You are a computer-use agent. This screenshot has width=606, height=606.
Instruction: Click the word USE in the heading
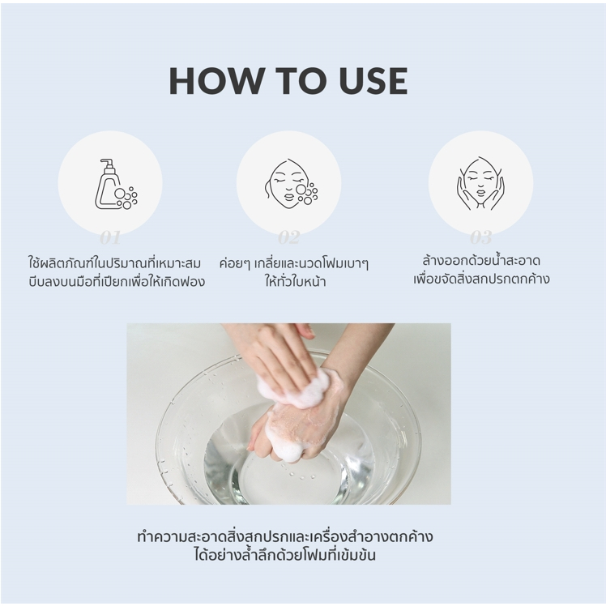[x=373, y=81]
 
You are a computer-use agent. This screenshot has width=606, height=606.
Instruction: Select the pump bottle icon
[x=117, y=184]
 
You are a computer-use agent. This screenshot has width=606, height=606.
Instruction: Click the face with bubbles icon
[x=291, y=184]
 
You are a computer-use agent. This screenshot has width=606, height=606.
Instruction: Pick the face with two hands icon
[x=480, y=183]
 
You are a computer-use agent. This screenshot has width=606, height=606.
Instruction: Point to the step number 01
[x=110, y=237]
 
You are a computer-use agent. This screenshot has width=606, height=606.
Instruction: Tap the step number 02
[x=288, y=237]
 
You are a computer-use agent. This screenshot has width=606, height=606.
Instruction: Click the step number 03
[x=480, y=237]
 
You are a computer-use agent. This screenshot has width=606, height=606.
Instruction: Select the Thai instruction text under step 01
[x=117, y=272]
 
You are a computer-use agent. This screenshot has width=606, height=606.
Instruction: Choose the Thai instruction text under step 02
[x=294, y=272]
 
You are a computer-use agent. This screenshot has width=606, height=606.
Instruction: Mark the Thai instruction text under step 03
[x=480, y=270]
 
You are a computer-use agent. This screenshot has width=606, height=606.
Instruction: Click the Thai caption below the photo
[x=285, y=546]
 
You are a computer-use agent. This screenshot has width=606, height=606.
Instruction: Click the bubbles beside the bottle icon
[x=126, y=198]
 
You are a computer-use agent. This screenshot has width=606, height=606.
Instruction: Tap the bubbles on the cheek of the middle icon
[x=307, y=194]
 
